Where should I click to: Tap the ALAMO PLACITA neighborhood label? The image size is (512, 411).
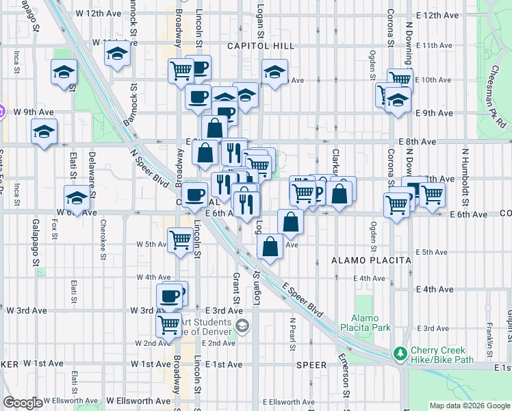pyautogui.click(x=370, y=260)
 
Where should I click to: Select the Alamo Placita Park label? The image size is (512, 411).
pyautogui.click(x=370, y=323)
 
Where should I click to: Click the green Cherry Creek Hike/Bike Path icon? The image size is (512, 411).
pyautogui.click(x=400, y=354)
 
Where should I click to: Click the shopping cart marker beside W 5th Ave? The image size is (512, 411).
pyautogui.click(x=180, y=240)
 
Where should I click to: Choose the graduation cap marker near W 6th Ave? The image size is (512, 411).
pyautogui.click(x=77, y=197)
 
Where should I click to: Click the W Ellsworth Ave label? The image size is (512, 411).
pyautogui.click(x=138, y=401)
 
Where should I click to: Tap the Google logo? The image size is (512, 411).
pyautogui.click(x=23, y=403)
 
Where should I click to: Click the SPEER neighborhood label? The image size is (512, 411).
pyautogui.click(x=311, y=365)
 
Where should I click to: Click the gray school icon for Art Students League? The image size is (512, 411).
pyautogui.click(x=239, y=325)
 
